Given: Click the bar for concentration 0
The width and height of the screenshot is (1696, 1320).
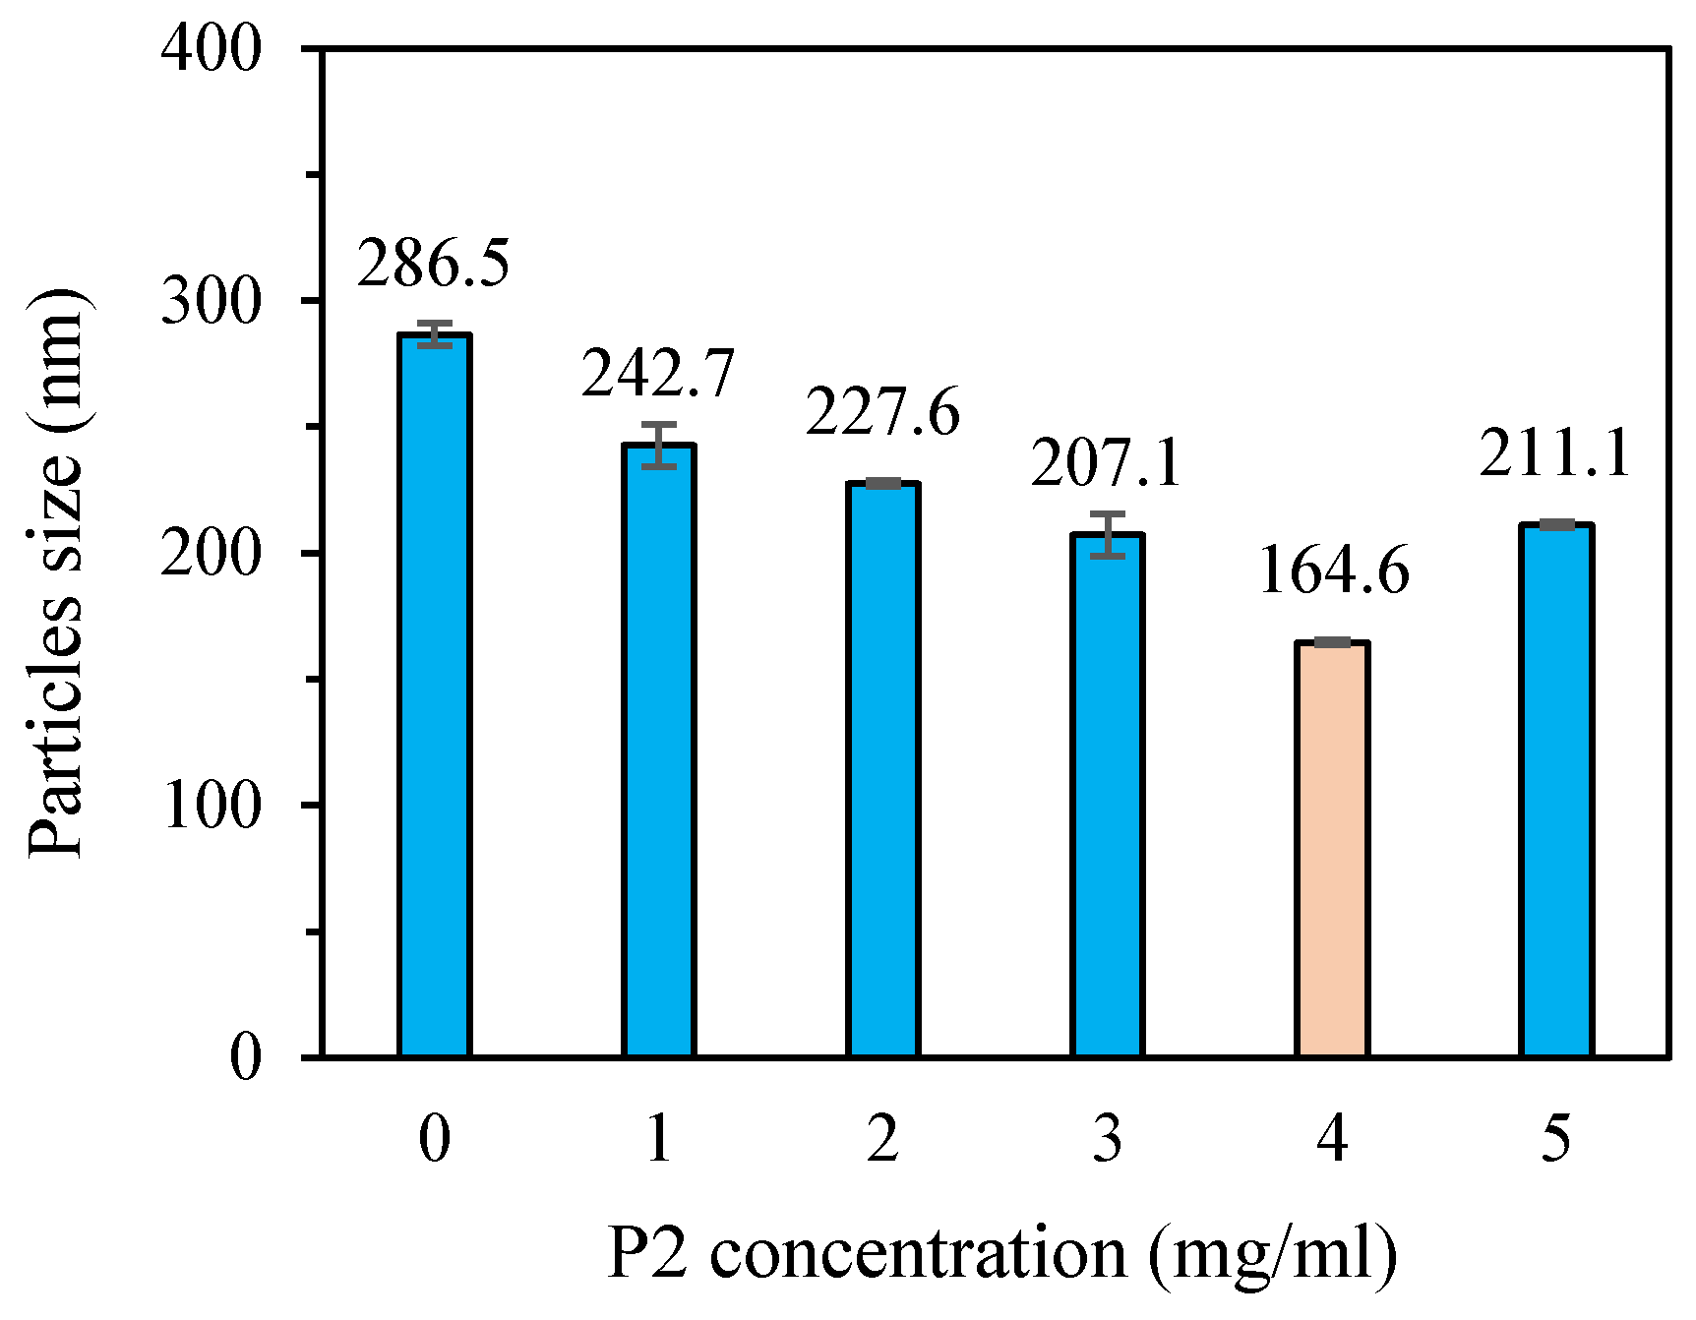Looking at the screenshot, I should click(435, 695).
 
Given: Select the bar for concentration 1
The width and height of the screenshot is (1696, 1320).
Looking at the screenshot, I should click(659, 750).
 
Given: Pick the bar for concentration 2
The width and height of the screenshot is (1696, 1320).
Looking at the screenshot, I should click(882, 770).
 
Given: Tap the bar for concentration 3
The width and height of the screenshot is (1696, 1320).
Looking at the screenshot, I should click(1108, 796).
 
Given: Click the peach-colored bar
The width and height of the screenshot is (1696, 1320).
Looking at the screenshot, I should click(1332, 850).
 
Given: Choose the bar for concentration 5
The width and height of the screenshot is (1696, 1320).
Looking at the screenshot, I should click(1556, 791).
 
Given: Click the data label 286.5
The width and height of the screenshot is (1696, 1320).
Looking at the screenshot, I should click(434, 264).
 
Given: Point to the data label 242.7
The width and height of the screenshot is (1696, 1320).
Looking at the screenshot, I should click(658, 374).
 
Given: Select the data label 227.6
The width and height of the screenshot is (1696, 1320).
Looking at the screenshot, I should click(882, 412).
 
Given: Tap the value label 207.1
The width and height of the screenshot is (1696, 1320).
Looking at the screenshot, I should click(1107, 463).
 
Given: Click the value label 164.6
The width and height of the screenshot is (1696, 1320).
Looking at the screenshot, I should click(1334, 570).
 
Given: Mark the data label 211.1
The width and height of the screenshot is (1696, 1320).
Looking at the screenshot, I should click(1555, 453).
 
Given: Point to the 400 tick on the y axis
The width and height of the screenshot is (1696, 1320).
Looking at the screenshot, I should click(212, 48).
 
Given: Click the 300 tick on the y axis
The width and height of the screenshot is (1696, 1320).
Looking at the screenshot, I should click(212, 301).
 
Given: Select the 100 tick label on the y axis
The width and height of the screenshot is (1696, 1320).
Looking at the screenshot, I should click(212, 806).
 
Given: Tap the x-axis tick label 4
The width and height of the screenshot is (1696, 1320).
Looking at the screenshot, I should click(1332, 1139).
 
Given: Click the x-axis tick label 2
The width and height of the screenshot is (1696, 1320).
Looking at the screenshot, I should click(882, 1139).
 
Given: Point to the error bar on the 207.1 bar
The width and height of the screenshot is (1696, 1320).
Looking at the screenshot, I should click(1108, 535).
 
